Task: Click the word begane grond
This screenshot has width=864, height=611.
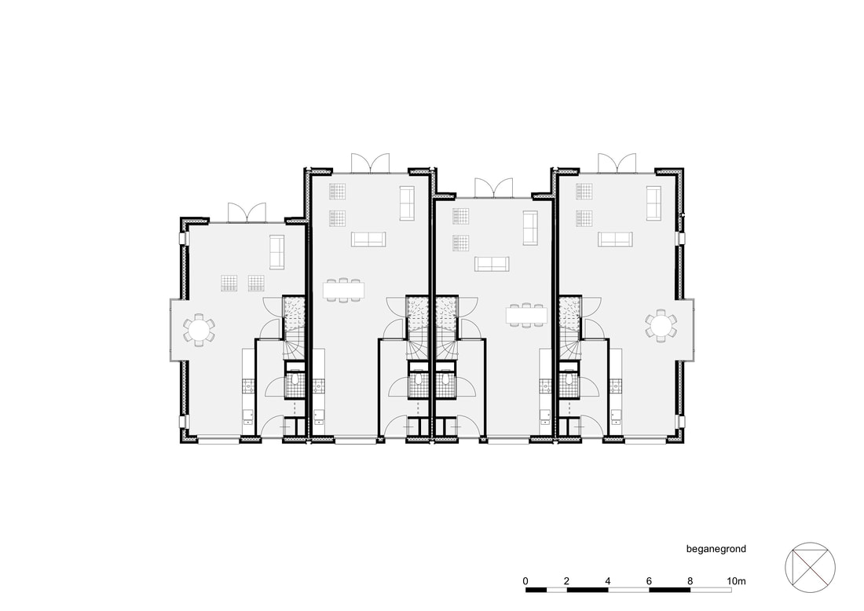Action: pos(716,549)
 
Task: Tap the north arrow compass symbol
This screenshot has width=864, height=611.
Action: pos(810,568)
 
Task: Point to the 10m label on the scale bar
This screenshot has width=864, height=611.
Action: pos(736,580)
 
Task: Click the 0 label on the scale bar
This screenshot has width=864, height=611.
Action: pos(525,580)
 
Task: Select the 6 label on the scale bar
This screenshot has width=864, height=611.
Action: pos(649,580)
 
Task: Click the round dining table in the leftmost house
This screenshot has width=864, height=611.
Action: pos(199,330)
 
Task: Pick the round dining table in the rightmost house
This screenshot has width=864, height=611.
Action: pos(661,326)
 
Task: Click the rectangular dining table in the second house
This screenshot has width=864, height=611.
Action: pos(344,290)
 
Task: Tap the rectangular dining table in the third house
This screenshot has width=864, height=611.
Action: pos(527,315)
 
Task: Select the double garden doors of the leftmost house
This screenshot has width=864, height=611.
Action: pos(247,212)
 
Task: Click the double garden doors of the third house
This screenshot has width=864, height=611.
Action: pos(493,188)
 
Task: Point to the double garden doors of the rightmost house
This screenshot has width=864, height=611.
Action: pos(617,163)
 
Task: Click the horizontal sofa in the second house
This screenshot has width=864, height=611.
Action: pos(368,239)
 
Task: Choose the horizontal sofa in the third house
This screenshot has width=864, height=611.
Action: pos(492,264)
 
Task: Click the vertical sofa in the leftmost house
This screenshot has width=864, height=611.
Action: pos(276,252)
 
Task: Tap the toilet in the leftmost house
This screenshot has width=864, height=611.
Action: pos(295,379)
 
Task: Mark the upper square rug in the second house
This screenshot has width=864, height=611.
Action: pos(337,191)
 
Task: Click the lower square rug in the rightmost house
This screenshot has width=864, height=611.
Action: pos(584,218)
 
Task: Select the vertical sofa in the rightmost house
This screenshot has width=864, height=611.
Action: pos(653,203)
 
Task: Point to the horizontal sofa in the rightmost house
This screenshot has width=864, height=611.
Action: pos(616,239)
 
